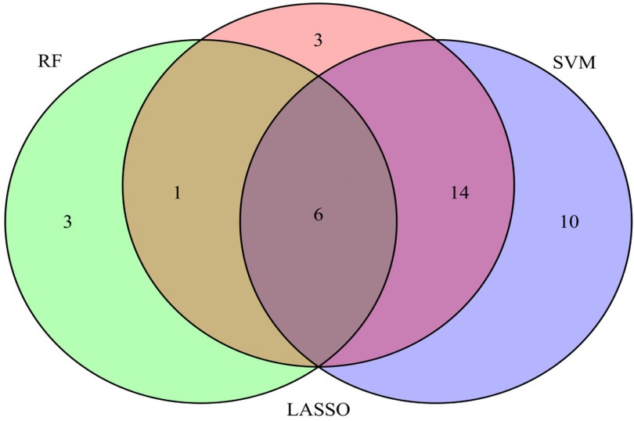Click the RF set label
[x=49, y=63]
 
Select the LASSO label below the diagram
[x=319, y=409]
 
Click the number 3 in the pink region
[x=318, y=40]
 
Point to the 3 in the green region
[x=67, y=222]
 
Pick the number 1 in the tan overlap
[x=177, y=193]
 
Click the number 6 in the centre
[x=318, y=214]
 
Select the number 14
[x=459, y=193]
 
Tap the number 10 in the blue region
[x=569, y=222]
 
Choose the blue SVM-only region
[x=571, y=274]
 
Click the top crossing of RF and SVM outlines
[x=318, y=76]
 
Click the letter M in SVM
[x=589, y=63]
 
